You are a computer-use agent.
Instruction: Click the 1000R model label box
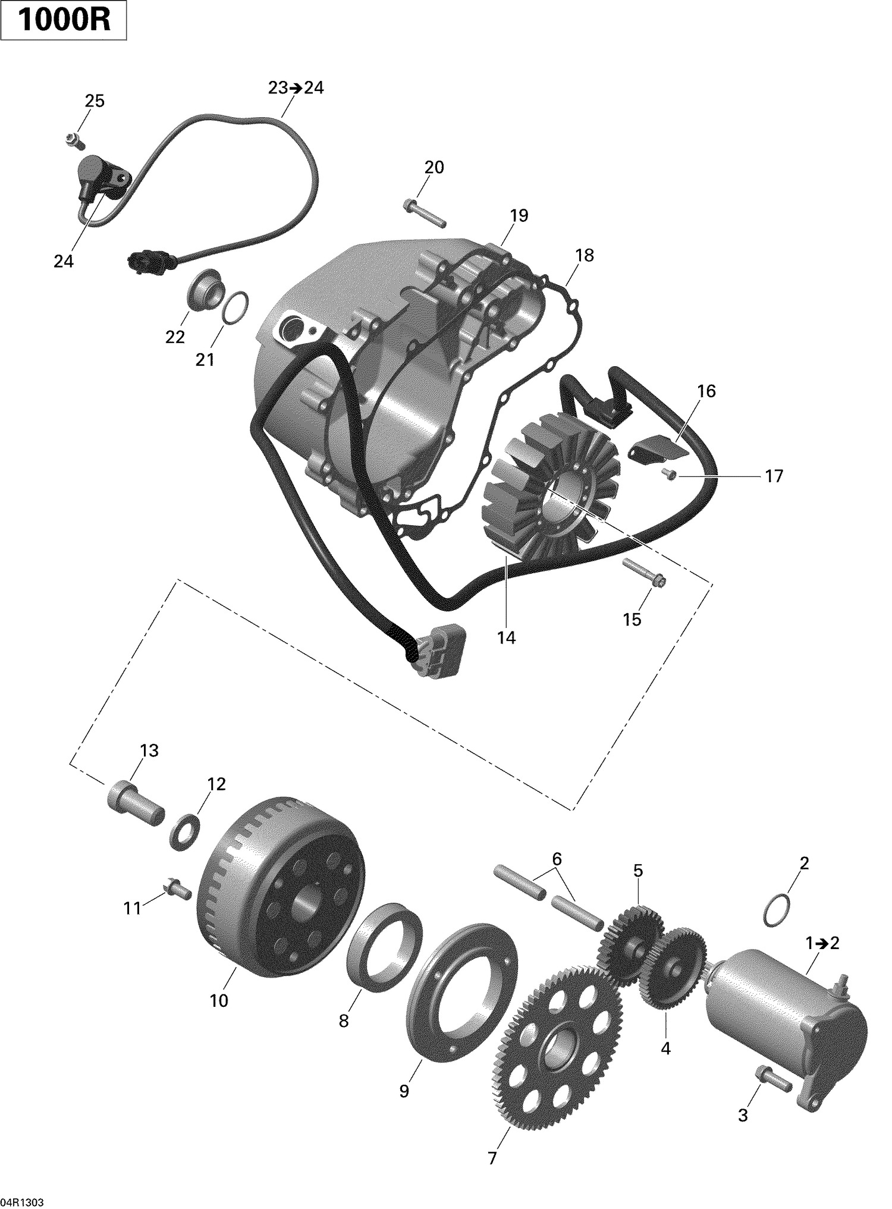pos(64,21)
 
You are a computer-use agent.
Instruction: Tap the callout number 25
pos(94,101)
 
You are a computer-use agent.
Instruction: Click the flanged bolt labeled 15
pos(645,573)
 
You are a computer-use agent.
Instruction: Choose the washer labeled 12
pos(185,831)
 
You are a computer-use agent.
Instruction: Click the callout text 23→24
pos(296,88)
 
